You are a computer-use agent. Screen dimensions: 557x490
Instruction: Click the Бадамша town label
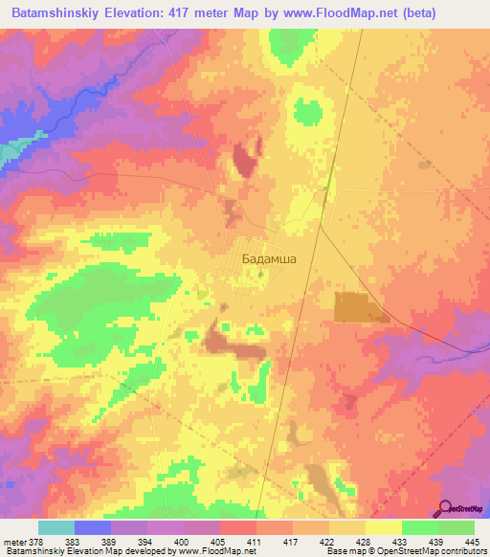pyautogui.click(x=267, y=259)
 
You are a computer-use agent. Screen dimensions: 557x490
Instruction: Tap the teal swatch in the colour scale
pyautogui.click(x=56, y=527)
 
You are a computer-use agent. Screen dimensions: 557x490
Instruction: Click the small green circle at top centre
pyautogui.click(x=307, y=112)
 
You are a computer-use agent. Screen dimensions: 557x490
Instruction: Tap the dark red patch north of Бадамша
pyautogui.click(x=244, y=158)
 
